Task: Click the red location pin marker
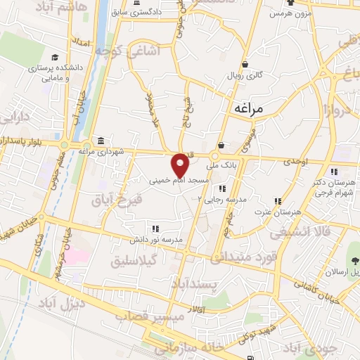[181, 165]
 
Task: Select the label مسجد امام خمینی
[179, 181]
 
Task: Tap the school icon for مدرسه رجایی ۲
[222, 188]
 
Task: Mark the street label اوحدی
[297, 162]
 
